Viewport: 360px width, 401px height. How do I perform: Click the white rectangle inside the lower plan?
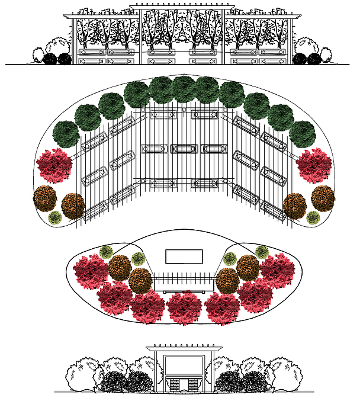[184, 256]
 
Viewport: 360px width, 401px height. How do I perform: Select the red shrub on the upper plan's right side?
[314, 166]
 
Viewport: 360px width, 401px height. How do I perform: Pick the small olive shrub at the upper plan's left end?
[55, 218]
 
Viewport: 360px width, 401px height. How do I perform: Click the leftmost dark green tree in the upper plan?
[66, 134]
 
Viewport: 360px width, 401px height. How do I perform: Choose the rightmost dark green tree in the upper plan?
[303, 134]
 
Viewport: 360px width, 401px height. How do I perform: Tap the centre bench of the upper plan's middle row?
[184, 149]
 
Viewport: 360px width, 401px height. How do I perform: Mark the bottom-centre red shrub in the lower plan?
[185, 307]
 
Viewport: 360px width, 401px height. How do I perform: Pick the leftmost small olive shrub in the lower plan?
[107, 252]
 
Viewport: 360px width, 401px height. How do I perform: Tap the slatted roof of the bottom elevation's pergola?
[184, 348]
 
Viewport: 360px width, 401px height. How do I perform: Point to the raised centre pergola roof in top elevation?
[183, 8]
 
